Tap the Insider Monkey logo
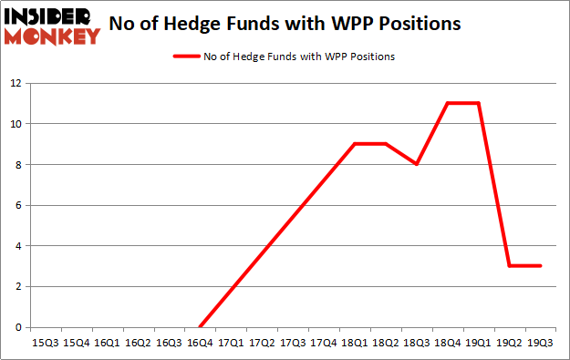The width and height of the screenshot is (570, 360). (x=51, y=26)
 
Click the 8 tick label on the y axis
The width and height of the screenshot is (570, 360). (x=18, y=165)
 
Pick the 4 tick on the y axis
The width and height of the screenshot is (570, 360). (x=18, y=246)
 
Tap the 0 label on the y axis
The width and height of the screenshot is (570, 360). (x=18, y=327)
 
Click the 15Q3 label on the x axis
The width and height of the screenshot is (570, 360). (x=45, y=343)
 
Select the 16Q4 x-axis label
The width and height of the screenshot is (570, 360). (x=200, y=343)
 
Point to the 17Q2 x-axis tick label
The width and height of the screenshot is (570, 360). (x=262, y=343)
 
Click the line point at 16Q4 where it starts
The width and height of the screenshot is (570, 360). (x=200, y=327)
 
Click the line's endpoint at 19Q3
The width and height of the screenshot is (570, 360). (x=541, y=266)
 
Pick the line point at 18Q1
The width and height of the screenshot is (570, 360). (x=355, y=144)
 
